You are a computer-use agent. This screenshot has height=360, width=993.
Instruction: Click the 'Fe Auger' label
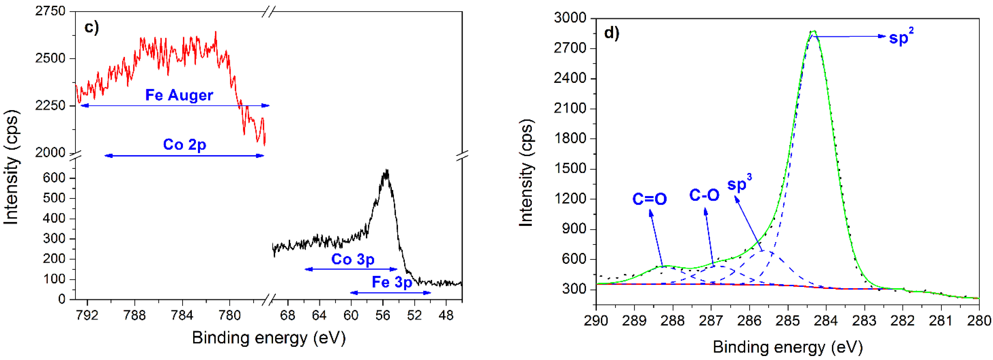(179, 95)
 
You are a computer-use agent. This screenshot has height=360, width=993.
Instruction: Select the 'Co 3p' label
(353, 259)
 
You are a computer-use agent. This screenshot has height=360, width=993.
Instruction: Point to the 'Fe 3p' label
(392, 282)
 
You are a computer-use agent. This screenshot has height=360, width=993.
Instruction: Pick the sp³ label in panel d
(739, 184)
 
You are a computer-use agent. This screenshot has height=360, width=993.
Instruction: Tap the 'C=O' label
(650, 199)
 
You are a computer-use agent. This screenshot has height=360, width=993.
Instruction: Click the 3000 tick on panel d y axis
(570, 18)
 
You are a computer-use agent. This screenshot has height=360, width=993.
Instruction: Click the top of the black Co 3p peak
(386, 171)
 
